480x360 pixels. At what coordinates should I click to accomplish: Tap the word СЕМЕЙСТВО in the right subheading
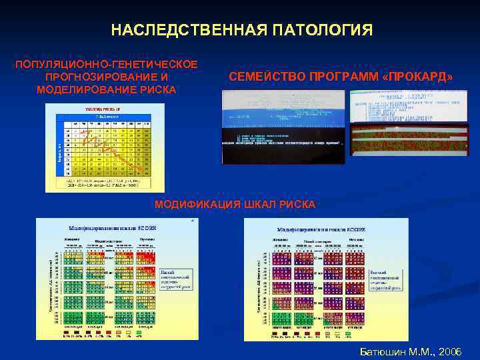264,77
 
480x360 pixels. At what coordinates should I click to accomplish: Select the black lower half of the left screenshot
283,145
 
